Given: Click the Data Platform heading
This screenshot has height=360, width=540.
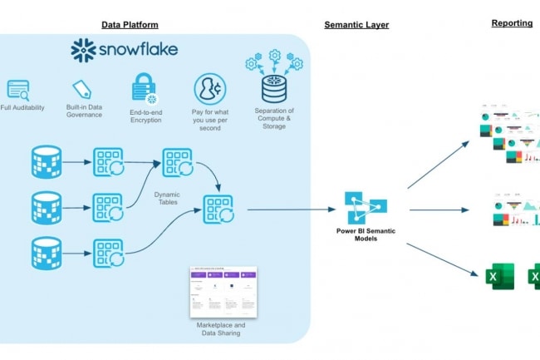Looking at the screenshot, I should coord(130,25).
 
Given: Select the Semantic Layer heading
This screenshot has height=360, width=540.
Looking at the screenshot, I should coord(356,25).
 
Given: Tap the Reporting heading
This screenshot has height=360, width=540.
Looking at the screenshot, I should coord(512,23).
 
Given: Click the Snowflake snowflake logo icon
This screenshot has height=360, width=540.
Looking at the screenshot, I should coord(84,50).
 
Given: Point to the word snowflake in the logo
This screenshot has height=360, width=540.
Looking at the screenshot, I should coord(139,50).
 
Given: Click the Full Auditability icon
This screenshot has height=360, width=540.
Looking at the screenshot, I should coord(17,90).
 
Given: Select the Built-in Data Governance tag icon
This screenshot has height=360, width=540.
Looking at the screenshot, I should coord(81,89).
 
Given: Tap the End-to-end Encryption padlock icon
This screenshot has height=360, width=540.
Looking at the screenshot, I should coord(141,87).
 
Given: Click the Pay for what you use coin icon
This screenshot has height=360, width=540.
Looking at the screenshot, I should coord(209,88).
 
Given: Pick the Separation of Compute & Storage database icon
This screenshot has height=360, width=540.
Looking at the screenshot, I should coord(273,86).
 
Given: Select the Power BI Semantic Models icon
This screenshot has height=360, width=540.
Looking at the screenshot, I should coord(361,208).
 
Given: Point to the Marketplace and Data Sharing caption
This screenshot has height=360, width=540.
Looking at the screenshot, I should coord(222,328).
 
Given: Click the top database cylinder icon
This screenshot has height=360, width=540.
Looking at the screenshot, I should coord(47,162).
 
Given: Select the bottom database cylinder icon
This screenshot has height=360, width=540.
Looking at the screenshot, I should coord(47,253).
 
